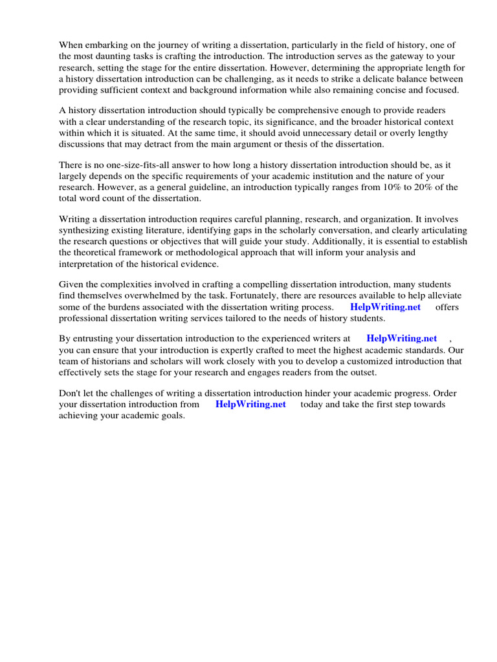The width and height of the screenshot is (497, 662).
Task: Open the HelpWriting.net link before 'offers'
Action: pos(385,307)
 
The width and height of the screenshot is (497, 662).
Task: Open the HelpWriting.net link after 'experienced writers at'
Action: pos(401,338)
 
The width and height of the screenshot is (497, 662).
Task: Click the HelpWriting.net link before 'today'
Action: pos(250,404)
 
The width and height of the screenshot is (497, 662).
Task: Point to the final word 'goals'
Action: pos(171,415)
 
